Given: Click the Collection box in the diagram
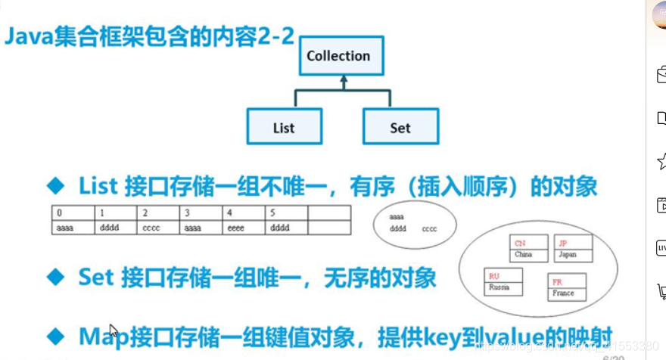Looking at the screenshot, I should click(x=338, y=56).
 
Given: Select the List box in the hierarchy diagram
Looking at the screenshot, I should click(x=284, y=127).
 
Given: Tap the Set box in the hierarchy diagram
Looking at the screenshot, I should click(x=400, y=127).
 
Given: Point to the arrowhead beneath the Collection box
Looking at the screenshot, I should click(x=342, y=79).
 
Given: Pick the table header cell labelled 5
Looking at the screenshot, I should click(x=286, y=213).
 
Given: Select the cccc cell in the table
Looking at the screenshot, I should click(x=157, y=227).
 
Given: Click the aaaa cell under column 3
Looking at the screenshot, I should click(x=201, y=227).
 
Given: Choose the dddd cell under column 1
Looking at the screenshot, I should click(x=115, y=227).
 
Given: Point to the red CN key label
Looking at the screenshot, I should click(x=520, y=244).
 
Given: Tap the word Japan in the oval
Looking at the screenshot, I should click(x=567, y=255).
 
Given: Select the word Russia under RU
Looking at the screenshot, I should click(x=499, y=287).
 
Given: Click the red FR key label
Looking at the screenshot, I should click(x=557, y=282).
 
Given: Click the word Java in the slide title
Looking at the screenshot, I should click(x=29, y=38).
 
